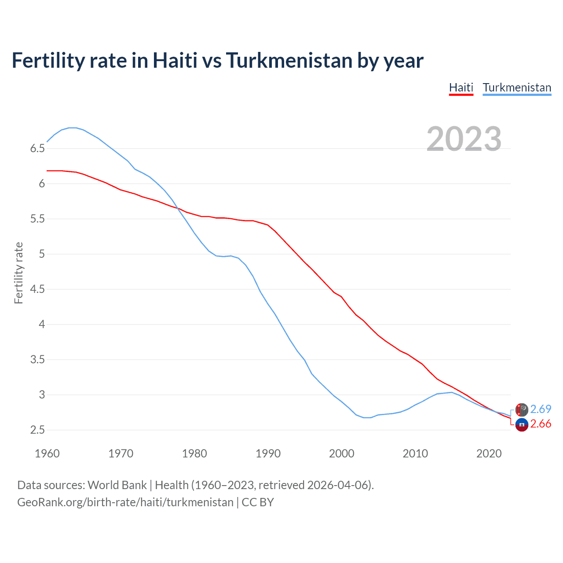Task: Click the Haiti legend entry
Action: tap(461, 88)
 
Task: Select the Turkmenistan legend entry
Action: tap(517, 88)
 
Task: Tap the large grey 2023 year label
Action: tap(464, 139)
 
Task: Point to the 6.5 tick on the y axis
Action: tap(37, 149)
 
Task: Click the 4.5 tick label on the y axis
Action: tap(37, 289)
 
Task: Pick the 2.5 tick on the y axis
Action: tap(37, 430)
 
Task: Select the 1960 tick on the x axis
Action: tap(47, 453)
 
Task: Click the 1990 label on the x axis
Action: tap(268, 453)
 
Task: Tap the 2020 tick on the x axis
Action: tap(489, 453)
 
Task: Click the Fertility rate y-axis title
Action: tap(18, 273)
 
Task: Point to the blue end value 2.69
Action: tap(541, 409)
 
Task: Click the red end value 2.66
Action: tap(541, 424)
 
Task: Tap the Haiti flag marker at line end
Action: tap(522, 425)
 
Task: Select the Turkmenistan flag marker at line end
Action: tap(522, 410)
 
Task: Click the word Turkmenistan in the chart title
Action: tap(289, 60)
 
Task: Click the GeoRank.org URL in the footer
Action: tap(125, 502)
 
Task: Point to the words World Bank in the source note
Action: tap(117, 485)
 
